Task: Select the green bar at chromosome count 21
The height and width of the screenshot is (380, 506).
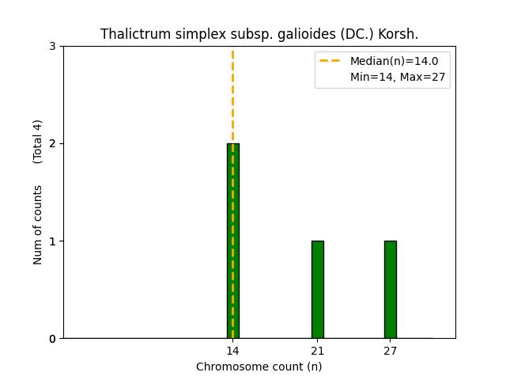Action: click(x=317, y=290)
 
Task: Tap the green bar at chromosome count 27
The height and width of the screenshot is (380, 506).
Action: click(x=390, y=290)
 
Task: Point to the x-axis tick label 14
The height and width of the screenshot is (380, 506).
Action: click(x=232, y=351)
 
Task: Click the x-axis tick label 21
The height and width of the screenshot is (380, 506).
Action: click(x=317, y=351)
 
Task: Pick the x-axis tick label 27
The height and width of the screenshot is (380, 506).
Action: click(x=390, y=351)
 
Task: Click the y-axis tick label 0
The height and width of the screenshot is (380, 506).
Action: click(x=52, y=339)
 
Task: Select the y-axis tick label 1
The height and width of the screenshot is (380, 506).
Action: click(x=52, y=241)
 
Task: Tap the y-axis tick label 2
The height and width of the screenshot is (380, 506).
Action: click(x=52, y=144)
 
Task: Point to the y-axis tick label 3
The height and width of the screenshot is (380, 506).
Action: click(x=52, y=47)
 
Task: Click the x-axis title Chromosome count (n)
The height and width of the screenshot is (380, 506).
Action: click(x=259, y=367)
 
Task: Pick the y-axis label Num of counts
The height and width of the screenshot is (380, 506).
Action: click(x=38, y=225)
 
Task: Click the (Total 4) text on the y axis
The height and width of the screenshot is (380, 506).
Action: click(x=38, y=142)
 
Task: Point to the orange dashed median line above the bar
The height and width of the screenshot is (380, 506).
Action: click(x=232, y=95)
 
